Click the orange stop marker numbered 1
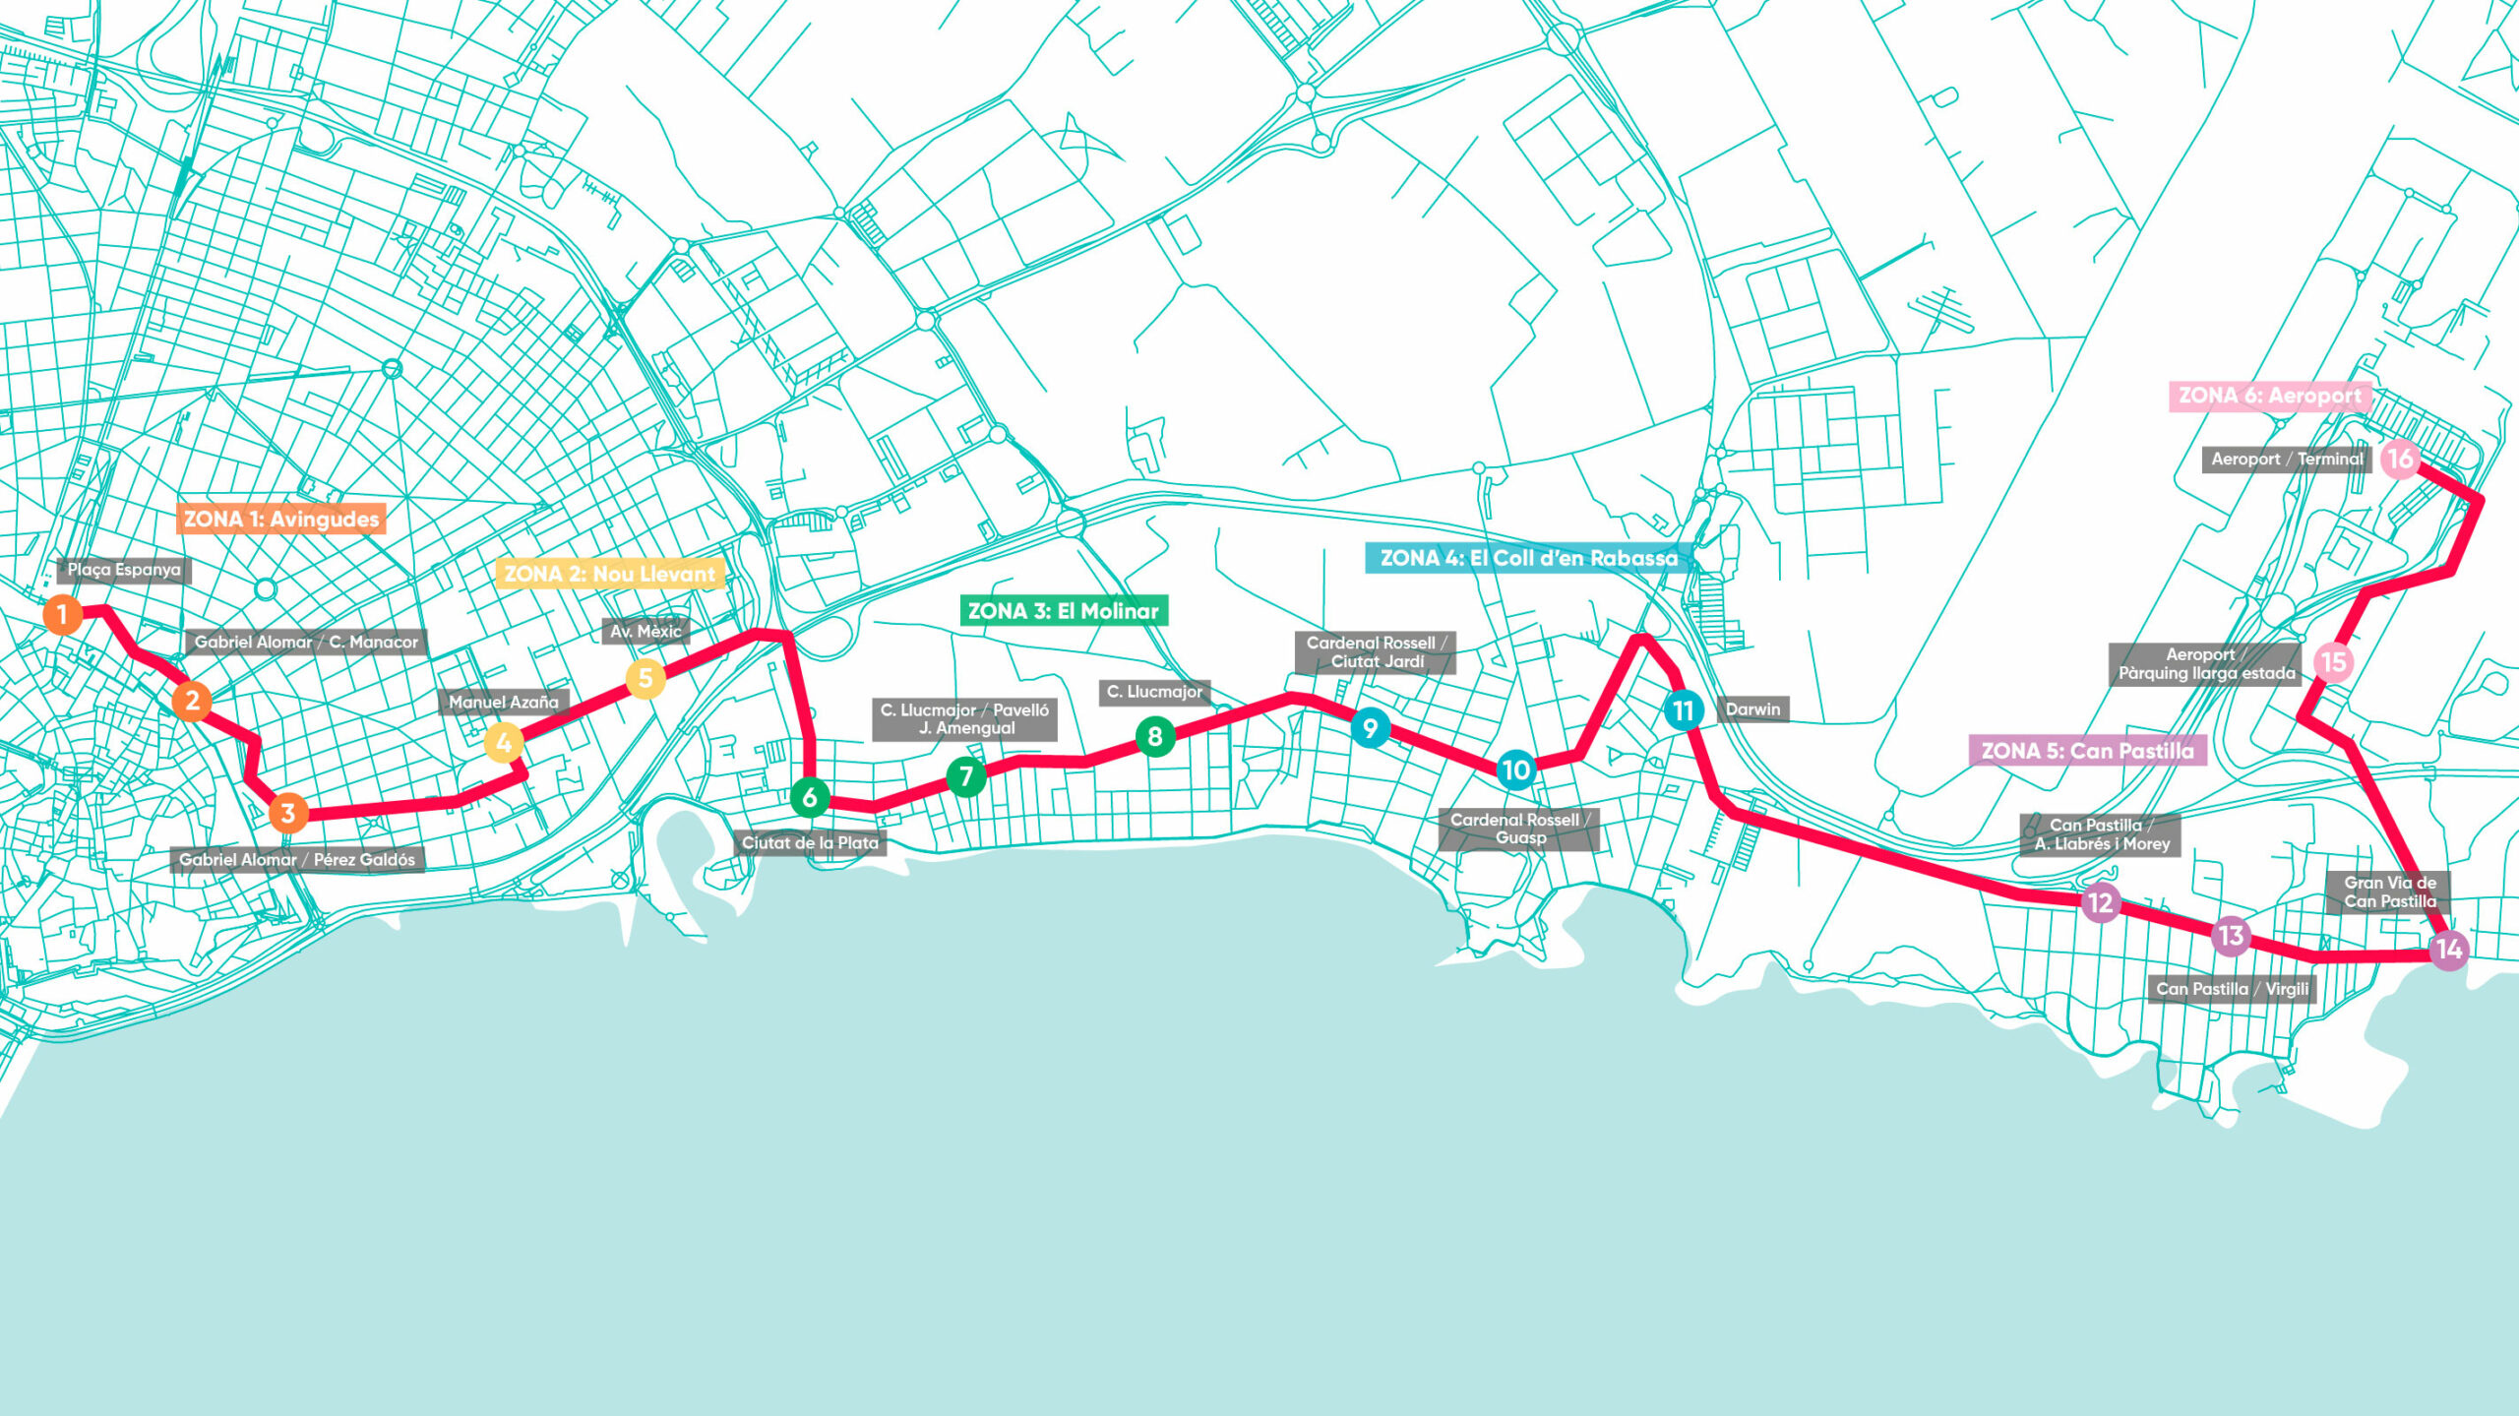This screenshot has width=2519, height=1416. click(62, 615)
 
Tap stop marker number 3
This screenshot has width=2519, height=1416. click(288, 813)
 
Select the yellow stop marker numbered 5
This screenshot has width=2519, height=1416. click(645, 678)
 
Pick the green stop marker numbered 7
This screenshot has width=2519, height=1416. click(966, 776)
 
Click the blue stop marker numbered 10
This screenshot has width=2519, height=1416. click(1516, 770)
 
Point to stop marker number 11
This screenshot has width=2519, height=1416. click(1684, 709)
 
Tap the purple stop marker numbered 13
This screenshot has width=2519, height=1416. click(2231, 935)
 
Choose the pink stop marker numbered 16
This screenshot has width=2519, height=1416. click(2400, 459)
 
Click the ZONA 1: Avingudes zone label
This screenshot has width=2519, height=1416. click(281, 519)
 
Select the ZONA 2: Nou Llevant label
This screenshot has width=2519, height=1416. click(610, 574)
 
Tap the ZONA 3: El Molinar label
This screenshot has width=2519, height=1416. click(1064, 611)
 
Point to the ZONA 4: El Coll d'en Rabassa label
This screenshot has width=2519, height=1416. click(1529, 558)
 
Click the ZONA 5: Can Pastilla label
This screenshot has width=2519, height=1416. click(2087, 751)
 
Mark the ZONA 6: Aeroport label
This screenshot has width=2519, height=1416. click(2269, 396)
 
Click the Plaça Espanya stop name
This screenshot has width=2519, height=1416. click(124, 570)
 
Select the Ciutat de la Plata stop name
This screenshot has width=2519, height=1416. click(810, 843)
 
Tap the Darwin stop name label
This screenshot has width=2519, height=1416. click(1752, 709)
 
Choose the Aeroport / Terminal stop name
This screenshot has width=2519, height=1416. click(2287, 459)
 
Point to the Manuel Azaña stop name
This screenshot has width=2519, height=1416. click(504, 703)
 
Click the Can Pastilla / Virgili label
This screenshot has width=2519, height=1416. click(2232, 989)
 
